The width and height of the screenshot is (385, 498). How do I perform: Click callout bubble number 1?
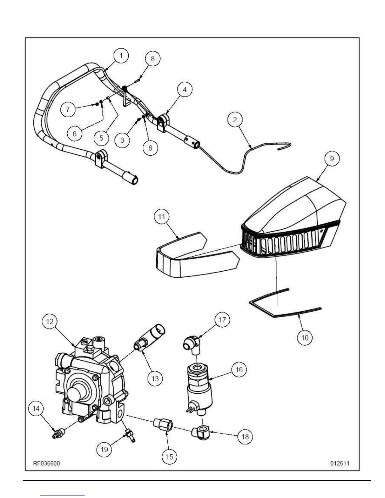121,56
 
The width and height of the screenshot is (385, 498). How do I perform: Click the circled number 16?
239,369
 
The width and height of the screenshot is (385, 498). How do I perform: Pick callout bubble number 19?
104,450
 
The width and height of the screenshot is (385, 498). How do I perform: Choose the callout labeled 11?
161,217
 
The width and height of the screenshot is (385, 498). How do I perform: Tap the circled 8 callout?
153,59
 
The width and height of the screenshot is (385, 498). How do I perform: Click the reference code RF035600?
47,463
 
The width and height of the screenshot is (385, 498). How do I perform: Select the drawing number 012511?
340,463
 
